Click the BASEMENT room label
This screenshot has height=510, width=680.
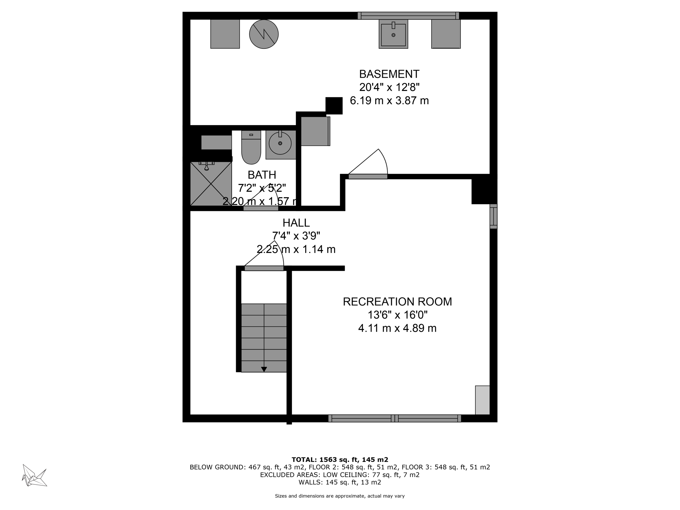[x=389, y=74]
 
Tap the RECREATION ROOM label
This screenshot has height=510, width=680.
[x=397, y=301]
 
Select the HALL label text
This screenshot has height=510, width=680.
[x=296, y=222]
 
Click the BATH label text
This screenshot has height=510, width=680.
[x=262, y=175]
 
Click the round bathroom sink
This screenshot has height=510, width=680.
[x=280, y=143]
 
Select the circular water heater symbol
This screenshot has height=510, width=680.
[x=264, y=34]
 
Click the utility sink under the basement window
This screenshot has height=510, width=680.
[x=393, y=34]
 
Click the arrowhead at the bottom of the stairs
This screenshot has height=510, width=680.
[x=264, y=369]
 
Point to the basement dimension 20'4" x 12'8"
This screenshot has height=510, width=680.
[x=389, y=87]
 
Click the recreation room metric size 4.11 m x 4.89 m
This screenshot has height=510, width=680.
[x=397, y=328]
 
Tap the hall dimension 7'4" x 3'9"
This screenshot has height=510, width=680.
[x=296, y=236]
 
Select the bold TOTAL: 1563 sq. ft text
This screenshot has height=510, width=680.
[x=340, y=460]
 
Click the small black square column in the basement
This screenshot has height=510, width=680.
[x=334, y=106]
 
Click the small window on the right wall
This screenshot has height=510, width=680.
[x=493, y=216]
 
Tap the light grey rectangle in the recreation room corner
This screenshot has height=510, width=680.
[x=482, y=400]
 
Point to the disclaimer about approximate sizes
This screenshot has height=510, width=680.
[x=340, y=496]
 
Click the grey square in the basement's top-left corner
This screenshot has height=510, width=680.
[x=225, y=34]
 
